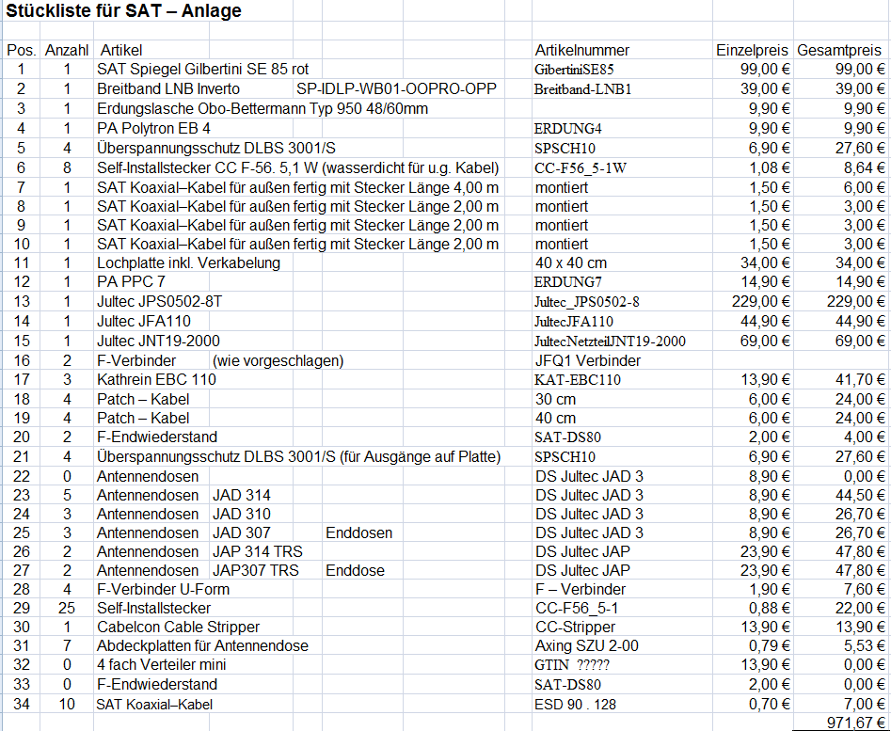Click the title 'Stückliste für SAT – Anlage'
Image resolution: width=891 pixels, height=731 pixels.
(125, 11)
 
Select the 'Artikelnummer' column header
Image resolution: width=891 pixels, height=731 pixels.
(582, 50)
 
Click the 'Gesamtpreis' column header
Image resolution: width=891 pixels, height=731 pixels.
(840, 50)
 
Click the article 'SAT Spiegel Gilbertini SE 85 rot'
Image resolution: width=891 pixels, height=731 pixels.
(202, 69)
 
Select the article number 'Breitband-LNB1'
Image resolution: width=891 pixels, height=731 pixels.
(582, 88)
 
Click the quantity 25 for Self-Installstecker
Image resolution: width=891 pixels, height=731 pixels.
(66, 608)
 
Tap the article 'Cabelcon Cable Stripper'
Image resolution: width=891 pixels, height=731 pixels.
(178, 627)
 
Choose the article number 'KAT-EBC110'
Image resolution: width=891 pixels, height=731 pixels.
(578, 379)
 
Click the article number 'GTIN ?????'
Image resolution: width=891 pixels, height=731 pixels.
(572, 665)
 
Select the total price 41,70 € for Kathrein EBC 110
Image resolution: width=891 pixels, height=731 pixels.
(861, 379)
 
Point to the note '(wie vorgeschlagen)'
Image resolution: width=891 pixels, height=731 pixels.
(278, 360)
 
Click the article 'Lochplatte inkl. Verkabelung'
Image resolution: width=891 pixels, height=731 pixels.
(188, 262)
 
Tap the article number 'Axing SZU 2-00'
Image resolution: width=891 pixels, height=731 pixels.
(587, 645)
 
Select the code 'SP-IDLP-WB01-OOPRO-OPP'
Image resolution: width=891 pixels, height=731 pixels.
(395, 88)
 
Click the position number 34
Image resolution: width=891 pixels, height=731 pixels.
(22, 704)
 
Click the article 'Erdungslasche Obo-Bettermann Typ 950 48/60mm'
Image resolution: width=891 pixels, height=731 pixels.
(263, 108)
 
